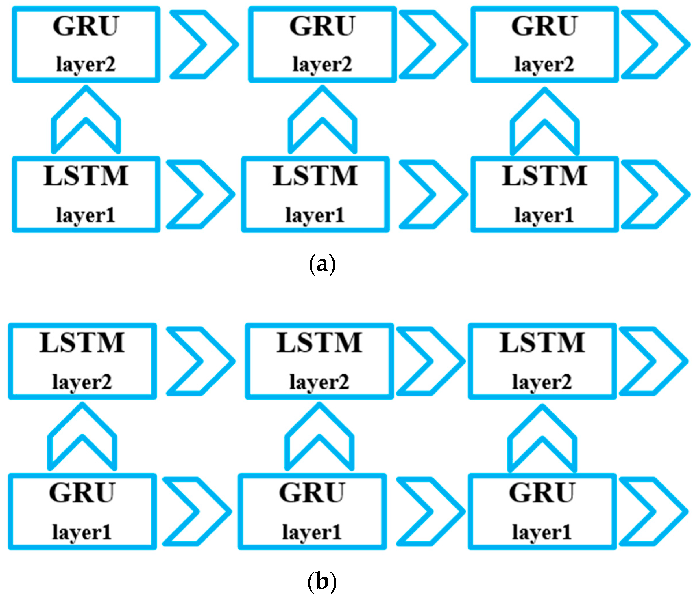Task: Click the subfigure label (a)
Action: click(322, 264)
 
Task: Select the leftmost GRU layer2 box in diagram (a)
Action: click(86, 44)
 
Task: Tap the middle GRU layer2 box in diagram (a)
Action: click(322, 44)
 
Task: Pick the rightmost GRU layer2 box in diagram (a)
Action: click(544, 44)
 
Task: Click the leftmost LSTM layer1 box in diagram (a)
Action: click(86, 194)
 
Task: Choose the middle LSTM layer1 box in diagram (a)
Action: click(315, 194)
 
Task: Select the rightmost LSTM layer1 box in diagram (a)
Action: click(544, 194)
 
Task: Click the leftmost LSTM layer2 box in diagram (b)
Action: click(82, 361)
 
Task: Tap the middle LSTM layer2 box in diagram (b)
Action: click(319, 361)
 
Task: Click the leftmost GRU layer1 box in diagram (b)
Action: click(82, 511)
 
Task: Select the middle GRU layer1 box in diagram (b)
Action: click(312, 511)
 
